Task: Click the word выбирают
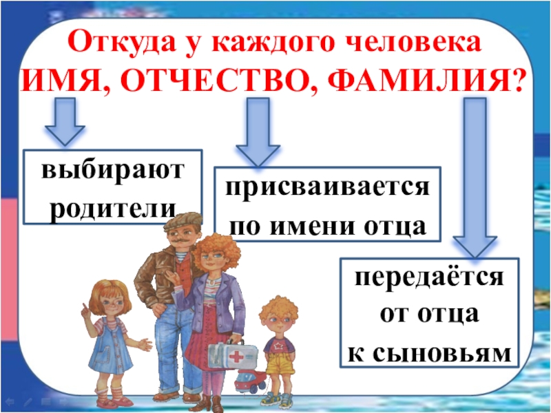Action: click(113, 170)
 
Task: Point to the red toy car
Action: click(247, 381)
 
